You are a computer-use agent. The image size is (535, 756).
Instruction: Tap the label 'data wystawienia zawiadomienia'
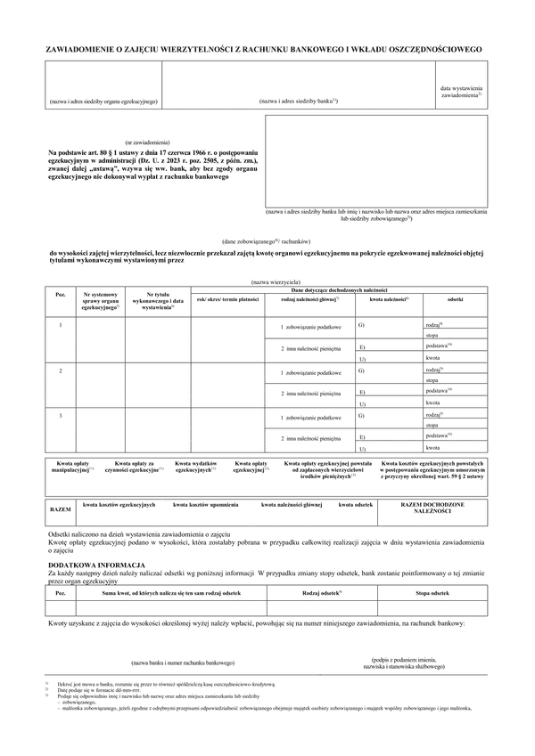461,93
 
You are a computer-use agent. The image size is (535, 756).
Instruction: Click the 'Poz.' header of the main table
61,295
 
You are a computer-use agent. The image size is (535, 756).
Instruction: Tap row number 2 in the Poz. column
60,369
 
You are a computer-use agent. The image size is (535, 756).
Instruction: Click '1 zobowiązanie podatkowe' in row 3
309,417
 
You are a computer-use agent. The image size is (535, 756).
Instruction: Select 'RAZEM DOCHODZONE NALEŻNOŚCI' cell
432,508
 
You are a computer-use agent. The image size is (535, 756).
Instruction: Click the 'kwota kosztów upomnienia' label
205,505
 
